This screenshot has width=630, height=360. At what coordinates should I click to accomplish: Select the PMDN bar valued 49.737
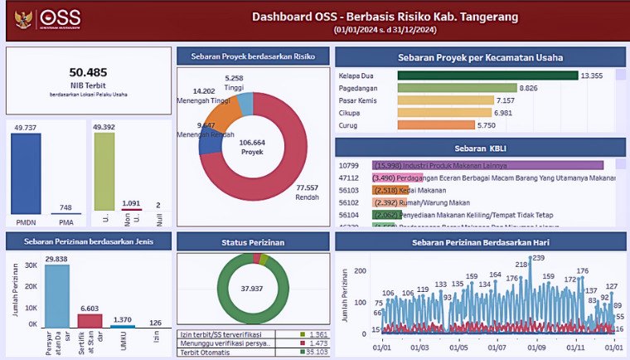[x=26, y=173]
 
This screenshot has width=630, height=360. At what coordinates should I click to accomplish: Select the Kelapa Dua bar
[x=487, y=75]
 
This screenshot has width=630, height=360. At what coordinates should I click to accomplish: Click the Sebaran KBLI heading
[x=480, y=147]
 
